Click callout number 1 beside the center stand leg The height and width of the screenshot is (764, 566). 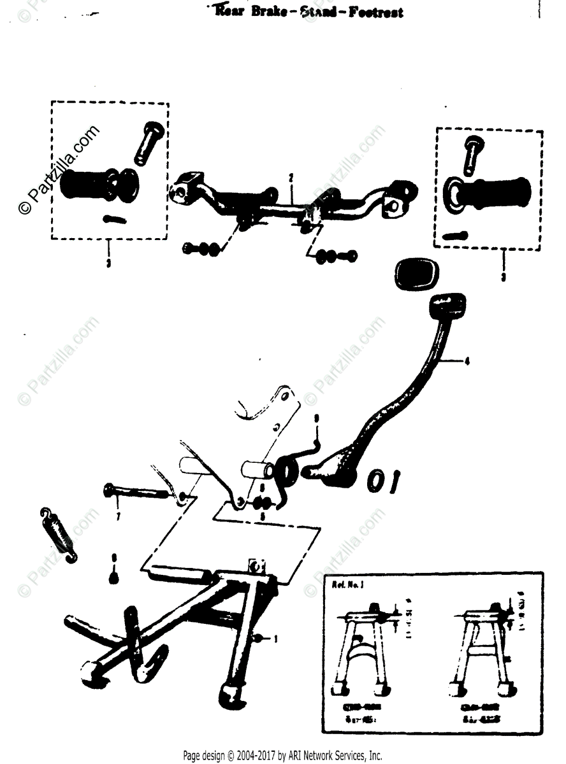click(x=275, y=637)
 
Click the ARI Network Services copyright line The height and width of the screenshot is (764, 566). click(x=282, y=756)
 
